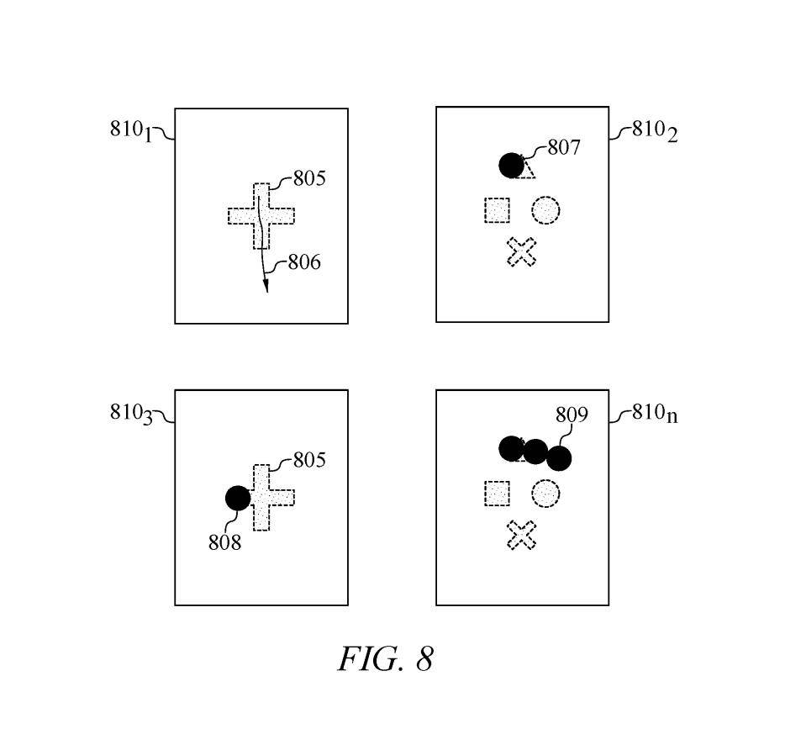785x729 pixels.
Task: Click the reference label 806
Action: [304, 262]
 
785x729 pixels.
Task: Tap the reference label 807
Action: [564, 147]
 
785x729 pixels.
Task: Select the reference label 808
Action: [224, 542]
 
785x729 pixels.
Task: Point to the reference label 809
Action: [572, 415]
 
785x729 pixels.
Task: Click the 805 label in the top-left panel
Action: [309, 178]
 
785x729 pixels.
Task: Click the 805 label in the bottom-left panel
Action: [309, 460]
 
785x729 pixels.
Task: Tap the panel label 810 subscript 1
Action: [132, 130]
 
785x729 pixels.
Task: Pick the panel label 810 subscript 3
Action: [132, 413]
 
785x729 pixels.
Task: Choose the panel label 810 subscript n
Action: [654, 413]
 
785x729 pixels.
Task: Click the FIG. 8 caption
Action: [386, 658]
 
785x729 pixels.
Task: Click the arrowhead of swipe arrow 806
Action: [266, 286]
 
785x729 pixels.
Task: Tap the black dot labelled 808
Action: [238, 498]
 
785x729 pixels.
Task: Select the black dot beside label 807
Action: [511, 166]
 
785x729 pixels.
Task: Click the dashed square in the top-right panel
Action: [497, 210]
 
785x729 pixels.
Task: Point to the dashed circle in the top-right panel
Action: [545, 210]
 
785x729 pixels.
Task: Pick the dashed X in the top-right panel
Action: [522, 251]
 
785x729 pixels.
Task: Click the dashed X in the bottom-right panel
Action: [522, 535]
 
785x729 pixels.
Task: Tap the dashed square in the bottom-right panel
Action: [497, 493]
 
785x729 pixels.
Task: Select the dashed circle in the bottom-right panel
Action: [545, 493]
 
